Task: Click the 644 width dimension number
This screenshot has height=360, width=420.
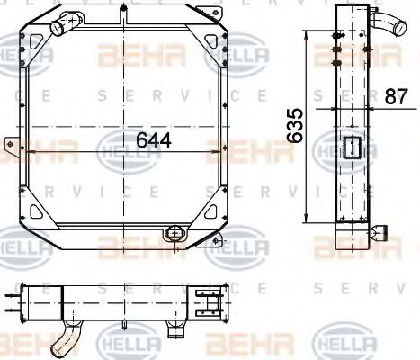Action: click(153, 140)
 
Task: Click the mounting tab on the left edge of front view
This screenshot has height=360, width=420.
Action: click(11, 146)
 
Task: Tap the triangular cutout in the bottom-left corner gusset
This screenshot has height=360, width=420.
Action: click(38, 212)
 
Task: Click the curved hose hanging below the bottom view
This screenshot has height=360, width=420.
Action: click(64, 339)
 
